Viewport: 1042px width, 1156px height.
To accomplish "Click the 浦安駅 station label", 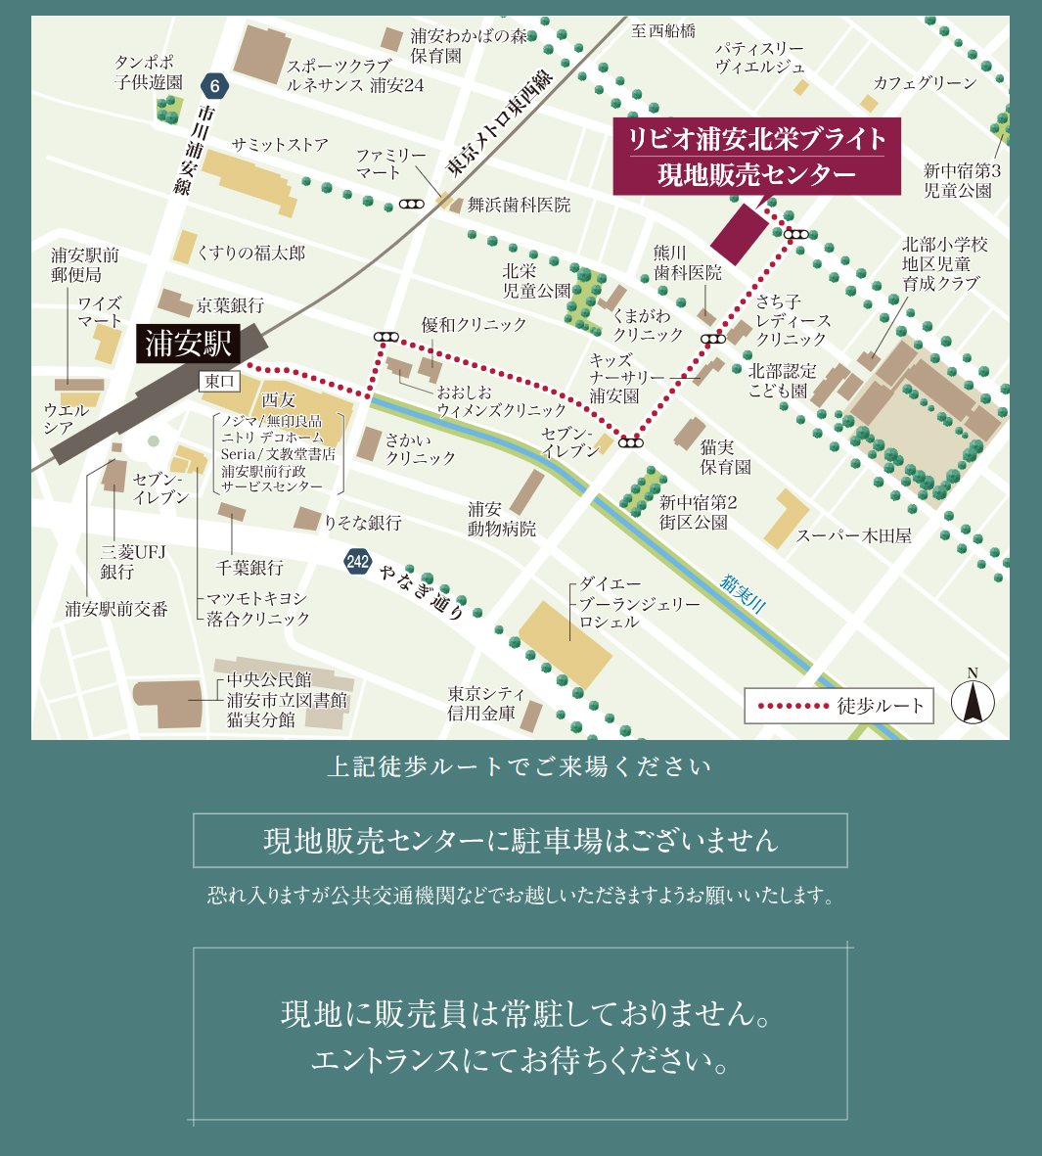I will pos(189,345).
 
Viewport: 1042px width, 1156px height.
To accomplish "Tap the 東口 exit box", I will pos(220,381).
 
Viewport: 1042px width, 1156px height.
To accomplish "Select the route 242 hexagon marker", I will pos(358,561).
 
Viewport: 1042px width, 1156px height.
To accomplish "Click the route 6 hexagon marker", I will pos(214,86).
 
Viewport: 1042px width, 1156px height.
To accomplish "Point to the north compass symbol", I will pos(973,701).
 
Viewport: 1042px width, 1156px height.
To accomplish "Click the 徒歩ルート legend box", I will pos(838,706).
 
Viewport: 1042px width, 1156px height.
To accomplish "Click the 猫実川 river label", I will pos(743,594).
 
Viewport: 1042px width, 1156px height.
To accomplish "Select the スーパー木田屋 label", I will pos(853,535).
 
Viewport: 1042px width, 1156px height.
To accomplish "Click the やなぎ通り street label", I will pos(422,591).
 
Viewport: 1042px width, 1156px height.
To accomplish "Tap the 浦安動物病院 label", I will pos(501,519).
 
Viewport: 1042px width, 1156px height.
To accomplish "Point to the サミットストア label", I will pos(280,144).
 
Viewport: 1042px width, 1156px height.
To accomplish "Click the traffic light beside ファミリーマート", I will pos(411,205).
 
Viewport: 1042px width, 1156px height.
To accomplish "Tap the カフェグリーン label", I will pos(924,83).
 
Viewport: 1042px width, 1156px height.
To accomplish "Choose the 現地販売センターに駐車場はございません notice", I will pos(520,840).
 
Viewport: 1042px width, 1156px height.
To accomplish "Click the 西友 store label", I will pos(278,399).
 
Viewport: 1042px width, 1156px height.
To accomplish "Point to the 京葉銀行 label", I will pos(230,305).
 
